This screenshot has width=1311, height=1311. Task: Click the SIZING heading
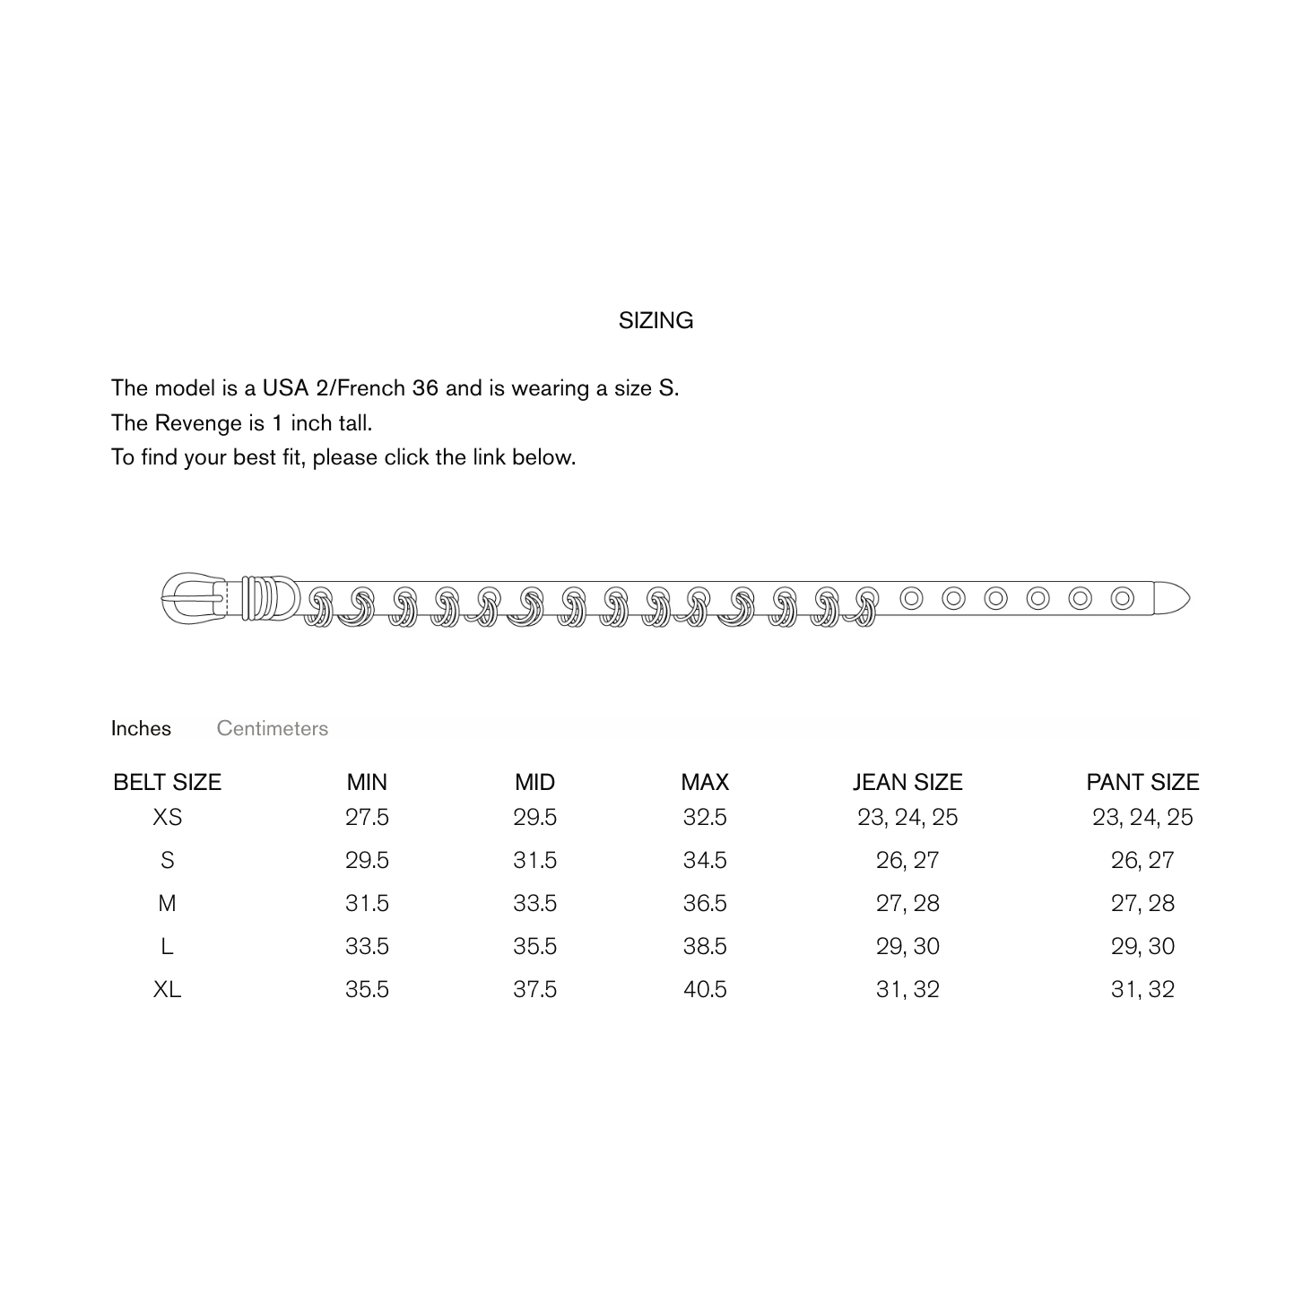click(x=655, y=320)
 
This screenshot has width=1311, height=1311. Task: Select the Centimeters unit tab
click(x=272, y=729)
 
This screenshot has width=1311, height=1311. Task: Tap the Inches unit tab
click(x=141, y=729)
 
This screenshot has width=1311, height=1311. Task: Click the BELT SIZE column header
click(x=168, y=782)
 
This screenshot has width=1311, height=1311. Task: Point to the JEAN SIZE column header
click(x=907, y=782)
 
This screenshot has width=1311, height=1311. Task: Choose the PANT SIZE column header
click(x=1142, y=782)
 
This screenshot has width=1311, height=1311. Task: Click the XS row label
click(x=168, y=817)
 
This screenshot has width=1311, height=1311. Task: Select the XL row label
click(x=168, y=989)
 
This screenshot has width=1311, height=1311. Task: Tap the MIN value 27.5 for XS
click(x=367, y=817)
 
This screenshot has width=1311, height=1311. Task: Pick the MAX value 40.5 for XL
click(x=705, y=989)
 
